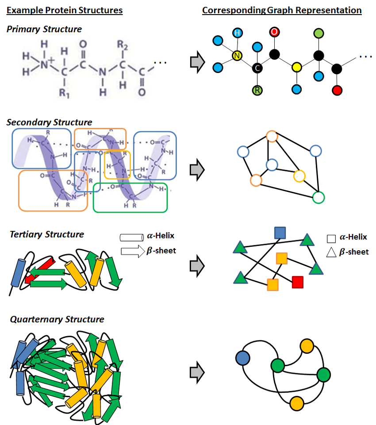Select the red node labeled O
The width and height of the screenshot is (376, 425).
pyautogui.click(x=275, y=32)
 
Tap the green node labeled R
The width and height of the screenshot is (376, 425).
pyautogui.click(x=257, y=91)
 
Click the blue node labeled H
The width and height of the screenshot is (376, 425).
pyautogui.click(x=238, y=33)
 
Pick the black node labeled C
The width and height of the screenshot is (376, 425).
pyautogui.click(x=257, y=69)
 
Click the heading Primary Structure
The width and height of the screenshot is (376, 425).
pyautogui.click(x=44, y=29)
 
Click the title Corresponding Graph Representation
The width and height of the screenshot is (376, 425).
pyautogui.click(x=282, y=10)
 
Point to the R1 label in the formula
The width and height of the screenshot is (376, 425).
pyautogui.click(x=66, y=93)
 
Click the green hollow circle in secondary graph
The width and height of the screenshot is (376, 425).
pyautogui.click(x=318, y=197)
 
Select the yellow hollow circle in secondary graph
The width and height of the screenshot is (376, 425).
pyautogui.click(x=299, y=176)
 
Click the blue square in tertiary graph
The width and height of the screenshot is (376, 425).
pyautogui.click(x=280, y=232)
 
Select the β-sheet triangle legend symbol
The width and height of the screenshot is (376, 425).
pyautogui.click(x=332, y=252)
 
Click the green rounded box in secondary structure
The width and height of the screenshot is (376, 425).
pyautogui.click(x=130, y=197)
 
